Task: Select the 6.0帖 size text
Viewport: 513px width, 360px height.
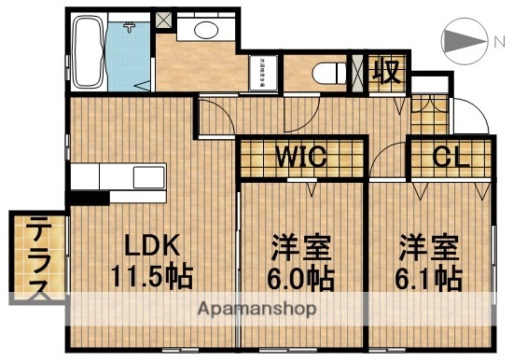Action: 300,278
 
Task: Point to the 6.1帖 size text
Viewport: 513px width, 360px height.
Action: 428,278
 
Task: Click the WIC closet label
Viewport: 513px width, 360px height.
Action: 299,157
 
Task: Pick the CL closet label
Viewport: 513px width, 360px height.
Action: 451,157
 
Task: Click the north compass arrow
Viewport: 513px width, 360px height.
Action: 463,41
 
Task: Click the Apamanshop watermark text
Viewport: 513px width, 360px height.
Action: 256,307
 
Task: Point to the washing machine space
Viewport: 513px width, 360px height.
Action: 263,73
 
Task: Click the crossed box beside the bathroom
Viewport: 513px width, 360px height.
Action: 164,18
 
